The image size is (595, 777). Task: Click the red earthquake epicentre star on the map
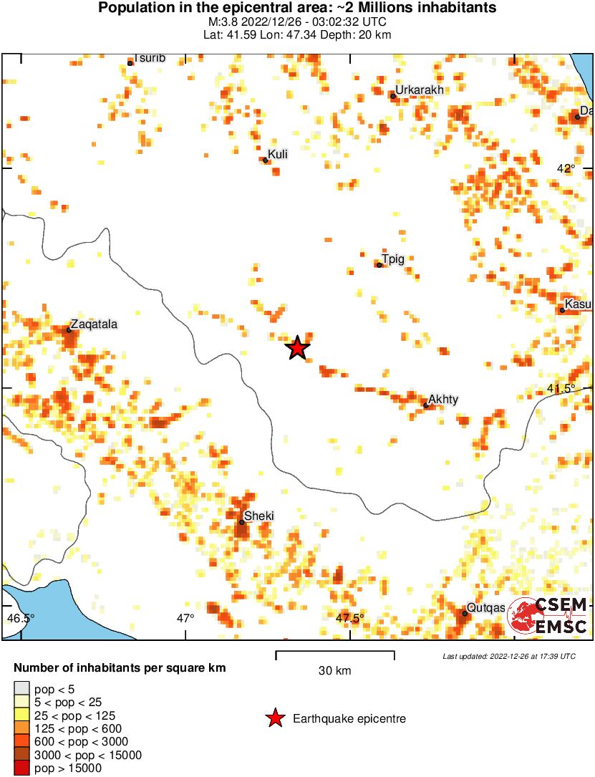298,348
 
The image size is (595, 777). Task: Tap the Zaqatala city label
95,324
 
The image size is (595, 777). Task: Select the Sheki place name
259,516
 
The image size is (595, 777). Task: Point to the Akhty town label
443,400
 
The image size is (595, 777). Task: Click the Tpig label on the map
393,259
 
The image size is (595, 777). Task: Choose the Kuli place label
278,154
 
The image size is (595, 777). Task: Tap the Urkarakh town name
420,90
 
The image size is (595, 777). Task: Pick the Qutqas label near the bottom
486,607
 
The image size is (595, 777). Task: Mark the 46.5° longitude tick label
20,618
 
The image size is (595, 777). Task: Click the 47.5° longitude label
350,618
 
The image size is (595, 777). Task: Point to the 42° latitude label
566,168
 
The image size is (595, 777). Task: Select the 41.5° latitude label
561,388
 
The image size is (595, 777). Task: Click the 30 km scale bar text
334,671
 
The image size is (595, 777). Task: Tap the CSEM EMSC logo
550,615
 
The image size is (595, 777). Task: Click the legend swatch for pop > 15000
21,768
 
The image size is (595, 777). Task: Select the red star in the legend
274,718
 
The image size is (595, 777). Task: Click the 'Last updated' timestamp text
508,656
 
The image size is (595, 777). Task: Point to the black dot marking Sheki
242,522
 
